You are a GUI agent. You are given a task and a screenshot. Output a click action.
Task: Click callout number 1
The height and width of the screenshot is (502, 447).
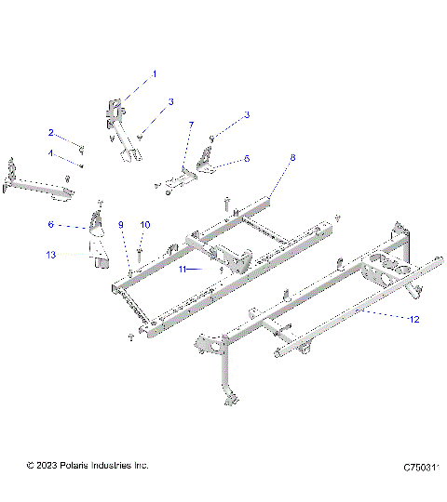(x=155, y=73)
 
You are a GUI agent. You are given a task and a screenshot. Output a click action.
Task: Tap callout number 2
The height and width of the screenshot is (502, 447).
(x=51, y=132)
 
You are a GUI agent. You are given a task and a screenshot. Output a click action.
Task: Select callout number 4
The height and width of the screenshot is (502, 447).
(x=51, y=152)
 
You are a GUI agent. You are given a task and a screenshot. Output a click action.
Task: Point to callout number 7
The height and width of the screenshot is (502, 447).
(x=191, y=124)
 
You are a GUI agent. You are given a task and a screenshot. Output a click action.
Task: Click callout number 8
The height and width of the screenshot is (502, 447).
(x=292, y=159)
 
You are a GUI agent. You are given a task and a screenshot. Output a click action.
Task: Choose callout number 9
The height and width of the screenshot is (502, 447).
(x=120, y=225)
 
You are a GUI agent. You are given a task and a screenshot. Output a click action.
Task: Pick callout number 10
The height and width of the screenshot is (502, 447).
(x=143, y=225)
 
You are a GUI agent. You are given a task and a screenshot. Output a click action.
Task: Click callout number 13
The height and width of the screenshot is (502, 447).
(x=51, y=253)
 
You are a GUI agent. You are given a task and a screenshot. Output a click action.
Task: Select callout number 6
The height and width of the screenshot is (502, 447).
(x=51, y=224)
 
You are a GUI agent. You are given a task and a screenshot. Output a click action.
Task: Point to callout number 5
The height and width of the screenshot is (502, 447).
(x=247, y=159)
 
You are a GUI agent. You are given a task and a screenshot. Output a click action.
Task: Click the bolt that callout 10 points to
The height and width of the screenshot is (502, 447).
(x=139, y=249)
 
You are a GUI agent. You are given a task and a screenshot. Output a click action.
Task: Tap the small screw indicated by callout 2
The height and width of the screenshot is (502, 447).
(x=80, y=148)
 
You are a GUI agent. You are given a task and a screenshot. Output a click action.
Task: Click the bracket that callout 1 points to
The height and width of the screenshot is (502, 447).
(x=119, y=116)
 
